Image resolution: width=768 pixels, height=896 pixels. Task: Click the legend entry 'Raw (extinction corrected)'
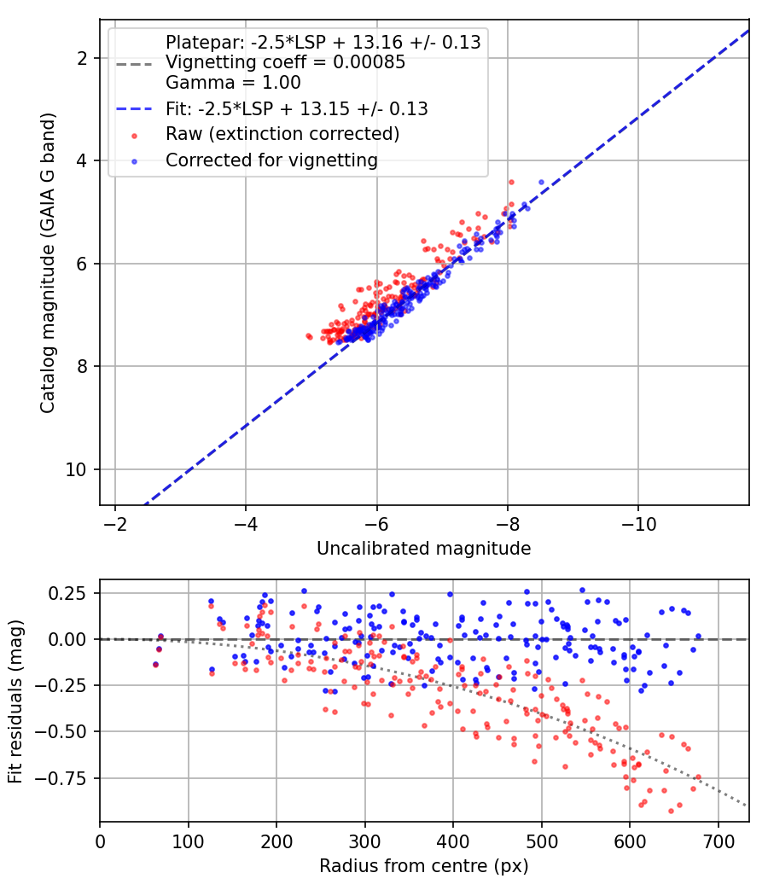pyautogui.click(x=282, y=134)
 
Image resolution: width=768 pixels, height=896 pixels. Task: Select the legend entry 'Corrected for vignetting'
pyautogui.click(x=271, y=160)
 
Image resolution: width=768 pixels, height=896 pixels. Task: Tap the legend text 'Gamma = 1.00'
pyautogui.click(x=233, y=82)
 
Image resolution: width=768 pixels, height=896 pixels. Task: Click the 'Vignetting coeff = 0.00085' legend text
pyautogui.click(x=285, y=61)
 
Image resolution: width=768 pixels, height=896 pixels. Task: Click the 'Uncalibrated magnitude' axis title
pyautogui.click(x=424, y=548)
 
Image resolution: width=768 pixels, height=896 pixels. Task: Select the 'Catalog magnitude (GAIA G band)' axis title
pyautogui.click(x=48, y=263)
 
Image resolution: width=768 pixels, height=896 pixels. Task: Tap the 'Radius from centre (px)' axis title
pyautogui.click(x=424, y=866)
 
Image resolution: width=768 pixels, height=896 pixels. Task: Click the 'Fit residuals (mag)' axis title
pyautogui.click(x=15, y=701)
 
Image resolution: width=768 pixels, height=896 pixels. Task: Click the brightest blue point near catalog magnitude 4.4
pyautogui.click(x=541, y=183)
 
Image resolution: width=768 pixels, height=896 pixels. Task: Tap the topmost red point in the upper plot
pyautogui.click(x=511, y=183)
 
